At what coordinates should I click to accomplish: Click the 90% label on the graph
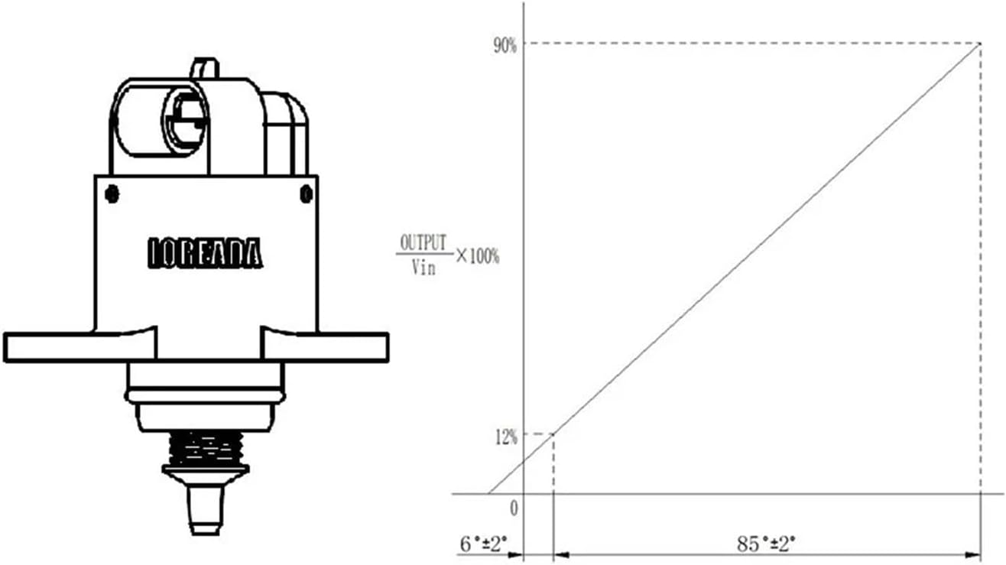pyautogui.click(x=505, y=46)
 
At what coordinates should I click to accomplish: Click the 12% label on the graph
pyautogui.click(x=506, y=437)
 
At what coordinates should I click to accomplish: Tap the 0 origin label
pyautogui.click(x=514, y=508)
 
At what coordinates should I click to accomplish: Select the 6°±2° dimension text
pyautogui.click(x=484, y=544)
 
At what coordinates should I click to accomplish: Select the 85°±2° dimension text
pyautogui.click(x=766, y=544)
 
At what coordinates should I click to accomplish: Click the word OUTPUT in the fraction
pyautogui.click(x=423, y=242)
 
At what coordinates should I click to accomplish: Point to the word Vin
pyautogui.click(x=423, y=268)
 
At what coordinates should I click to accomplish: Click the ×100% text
pyautogui.click(x=478, y=256)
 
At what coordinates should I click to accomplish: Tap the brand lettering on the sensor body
pyautogui.click(x=205, y=253)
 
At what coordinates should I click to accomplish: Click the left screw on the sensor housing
pyautogui.click(x=112, y=194)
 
